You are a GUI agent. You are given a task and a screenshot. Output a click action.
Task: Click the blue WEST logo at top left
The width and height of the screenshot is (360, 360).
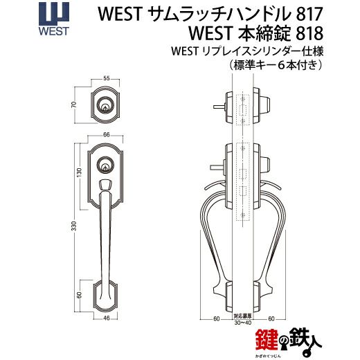tap(54, 19)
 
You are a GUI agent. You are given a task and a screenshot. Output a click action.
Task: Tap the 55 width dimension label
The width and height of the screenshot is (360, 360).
tap(107, 78)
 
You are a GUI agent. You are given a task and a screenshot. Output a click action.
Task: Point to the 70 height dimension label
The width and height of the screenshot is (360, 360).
tap(73, 105)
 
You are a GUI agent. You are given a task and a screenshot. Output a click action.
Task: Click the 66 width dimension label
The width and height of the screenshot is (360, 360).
tap(107, 135)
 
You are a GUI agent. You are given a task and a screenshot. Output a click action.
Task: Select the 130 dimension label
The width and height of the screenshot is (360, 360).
tap(79, 172)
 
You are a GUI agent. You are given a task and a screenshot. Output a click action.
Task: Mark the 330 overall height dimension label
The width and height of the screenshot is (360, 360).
tap(73, 226)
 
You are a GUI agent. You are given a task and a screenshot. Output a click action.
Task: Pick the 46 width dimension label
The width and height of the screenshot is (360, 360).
tap(107, 318)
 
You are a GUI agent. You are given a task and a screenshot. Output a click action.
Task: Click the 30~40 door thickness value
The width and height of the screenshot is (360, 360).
tap(243, 323)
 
